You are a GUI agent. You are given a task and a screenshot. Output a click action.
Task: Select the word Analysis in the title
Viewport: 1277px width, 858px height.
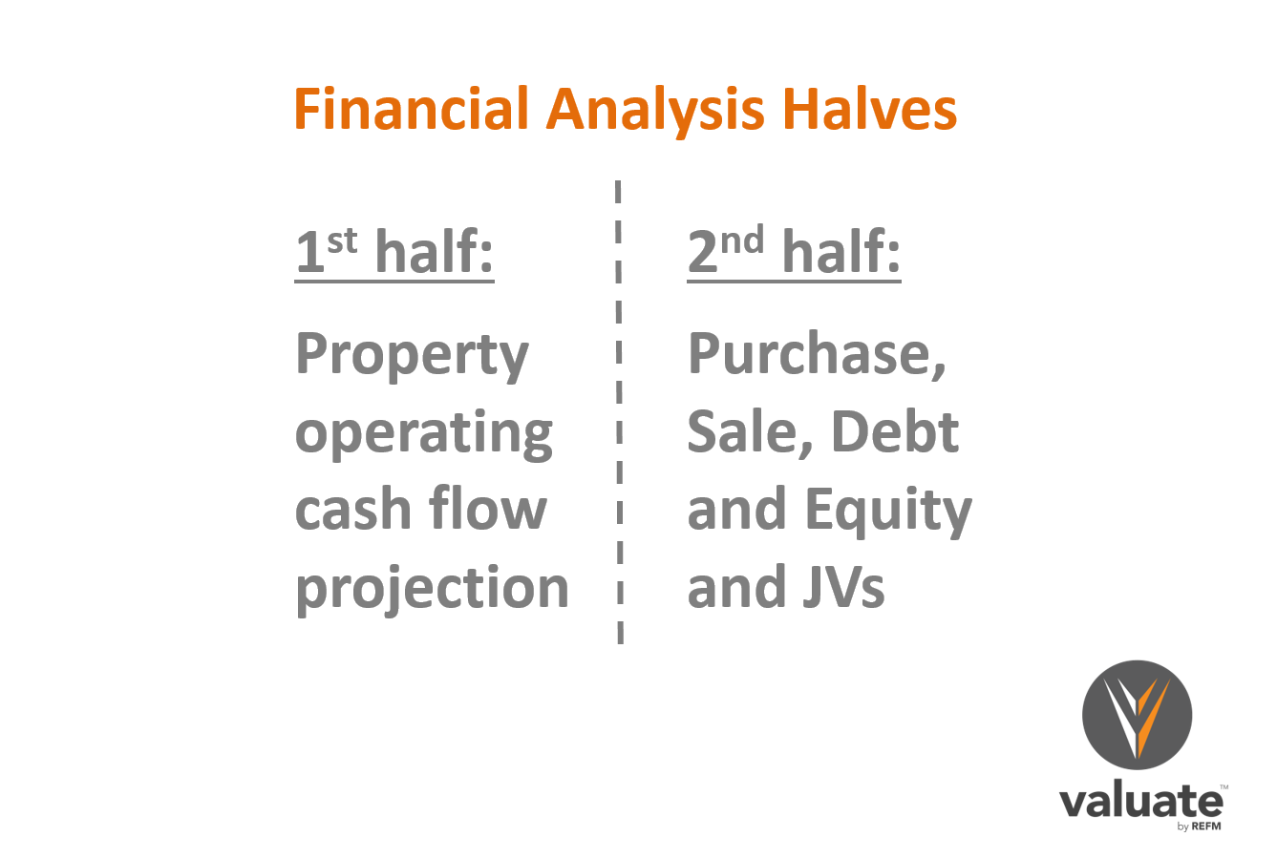(x=655, y=112)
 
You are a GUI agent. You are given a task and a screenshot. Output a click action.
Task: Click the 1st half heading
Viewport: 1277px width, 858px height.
(x=394, y=251)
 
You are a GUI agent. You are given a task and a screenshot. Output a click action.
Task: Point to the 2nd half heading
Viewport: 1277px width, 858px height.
(x=794, y=251)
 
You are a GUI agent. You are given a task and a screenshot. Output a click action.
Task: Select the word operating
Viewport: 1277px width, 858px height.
(x=423, y=434)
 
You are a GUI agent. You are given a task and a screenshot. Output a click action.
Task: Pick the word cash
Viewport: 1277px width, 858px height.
(x=352, y=507)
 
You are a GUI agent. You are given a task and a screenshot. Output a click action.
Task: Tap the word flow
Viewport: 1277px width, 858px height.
(x=488, y=507)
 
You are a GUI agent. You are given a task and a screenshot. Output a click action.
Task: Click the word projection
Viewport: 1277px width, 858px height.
(x=432, y=590)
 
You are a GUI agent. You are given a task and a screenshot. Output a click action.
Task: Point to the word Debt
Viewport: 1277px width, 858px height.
(x=895, y=431)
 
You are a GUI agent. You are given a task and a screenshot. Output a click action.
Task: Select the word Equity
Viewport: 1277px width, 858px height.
(x=889, y=511)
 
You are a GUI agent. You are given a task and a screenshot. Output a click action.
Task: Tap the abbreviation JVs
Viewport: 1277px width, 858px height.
(x=844, y=586)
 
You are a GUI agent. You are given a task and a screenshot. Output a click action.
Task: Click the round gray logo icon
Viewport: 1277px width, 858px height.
(x=1137, y=715)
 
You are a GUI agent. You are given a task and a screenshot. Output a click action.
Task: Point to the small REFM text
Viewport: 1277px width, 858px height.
(x=1206, y=827)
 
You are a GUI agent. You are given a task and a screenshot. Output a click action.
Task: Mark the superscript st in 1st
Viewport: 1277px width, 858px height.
(x=342, y=241)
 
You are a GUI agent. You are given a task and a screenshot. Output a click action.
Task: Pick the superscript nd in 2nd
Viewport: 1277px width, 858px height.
(x=742, y=240)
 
